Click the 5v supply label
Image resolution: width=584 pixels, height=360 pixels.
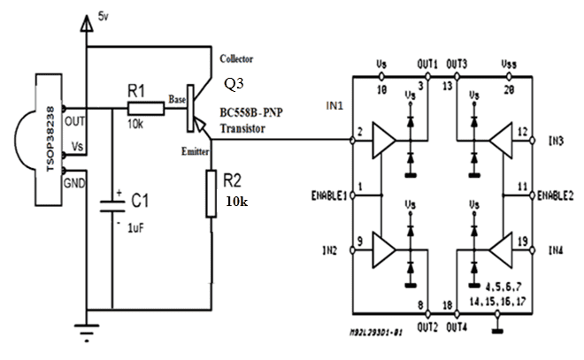pos(104,14)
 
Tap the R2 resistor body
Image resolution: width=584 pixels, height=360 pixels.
pos(211,195)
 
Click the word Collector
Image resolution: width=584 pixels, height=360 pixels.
pos(237,59)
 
